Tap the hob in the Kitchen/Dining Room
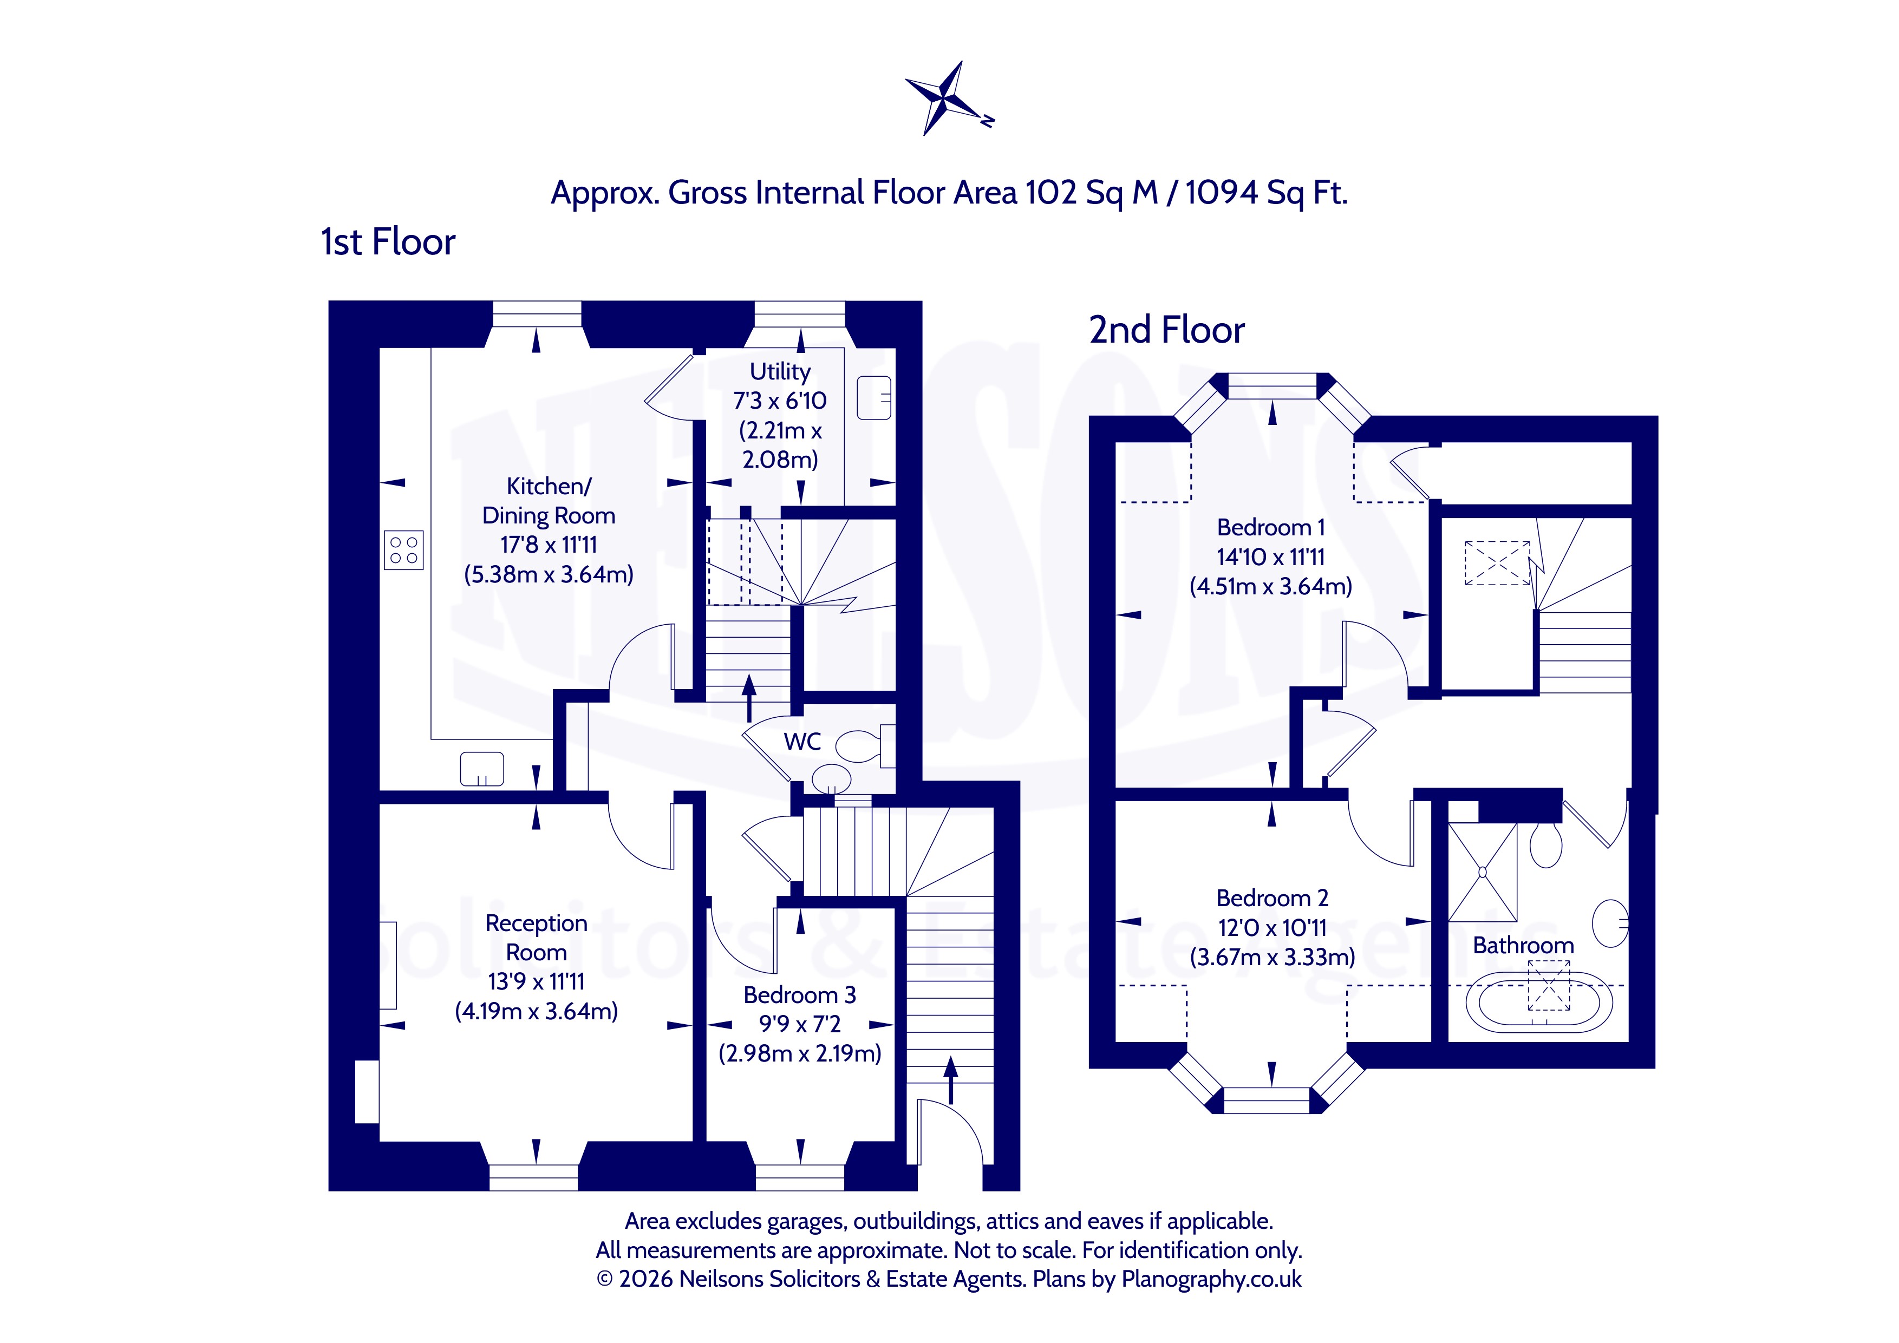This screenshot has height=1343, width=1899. (403, 550)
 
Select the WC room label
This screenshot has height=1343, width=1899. (802, 742)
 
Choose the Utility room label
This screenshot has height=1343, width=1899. (780, 371)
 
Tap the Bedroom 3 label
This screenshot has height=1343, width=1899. (800, 995)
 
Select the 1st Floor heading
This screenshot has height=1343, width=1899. (388, 243)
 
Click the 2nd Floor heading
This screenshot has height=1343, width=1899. (1166, 330)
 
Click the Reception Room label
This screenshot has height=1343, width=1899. (536, 937)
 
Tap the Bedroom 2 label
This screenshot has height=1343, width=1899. (1272, 898)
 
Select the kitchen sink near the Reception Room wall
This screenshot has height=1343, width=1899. (482, 769)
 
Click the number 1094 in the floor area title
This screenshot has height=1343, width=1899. (1222, 193)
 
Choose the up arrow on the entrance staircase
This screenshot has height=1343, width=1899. (951, 1080)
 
